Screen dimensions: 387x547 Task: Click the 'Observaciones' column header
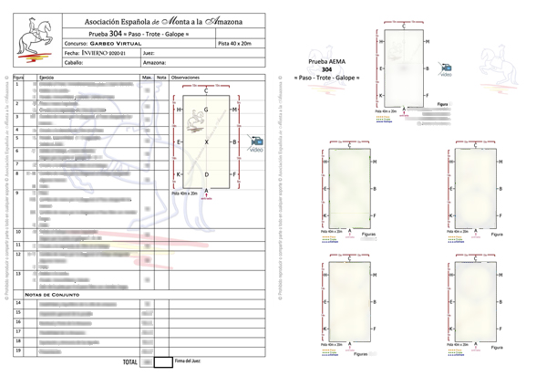[191, 79]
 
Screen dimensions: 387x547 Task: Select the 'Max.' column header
[147, 79]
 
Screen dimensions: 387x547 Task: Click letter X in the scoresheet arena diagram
[207, 143]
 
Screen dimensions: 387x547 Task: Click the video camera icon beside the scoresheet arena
[255, 144]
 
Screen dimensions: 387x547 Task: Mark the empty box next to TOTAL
[162, 362]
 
